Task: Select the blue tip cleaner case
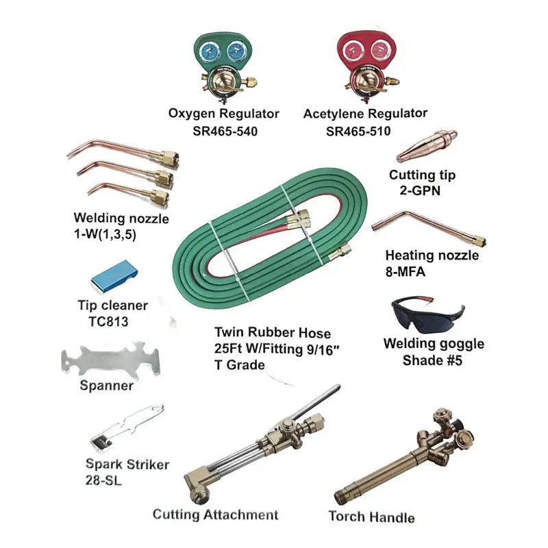point(114,275)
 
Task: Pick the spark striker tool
point(127,423)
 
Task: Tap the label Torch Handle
point(371,516)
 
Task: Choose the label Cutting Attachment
point(215,514)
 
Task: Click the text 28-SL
point(104,480)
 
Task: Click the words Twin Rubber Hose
point(273,334)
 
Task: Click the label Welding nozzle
point(121,219)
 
